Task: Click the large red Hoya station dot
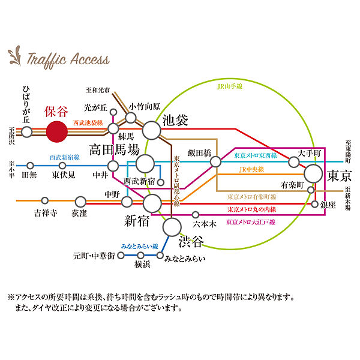tap(57, 132)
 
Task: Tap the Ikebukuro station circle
tap(152, 130)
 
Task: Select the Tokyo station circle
tap(313, 173)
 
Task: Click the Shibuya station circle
tap(172, 227)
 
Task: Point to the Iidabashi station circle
tap(215, 161)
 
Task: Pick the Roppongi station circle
tap(196, 215)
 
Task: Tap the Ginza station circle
tap(314, 204)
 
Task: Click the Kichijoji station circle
tap(45, 200)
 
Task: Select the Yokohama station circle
tap(140, 256)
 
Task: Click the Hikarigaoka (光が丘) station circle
tap(113, 112)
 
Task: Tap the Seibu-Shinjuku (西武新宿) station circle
tap(161, 182)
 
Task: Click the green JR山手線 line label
tap(230, 86)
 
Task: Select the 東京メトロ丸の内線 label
tap(252, 209)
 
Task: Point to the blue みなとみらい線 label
tap(140, 247)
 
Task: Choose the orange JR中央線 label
tap(251, 169)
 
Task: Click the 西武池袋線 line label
tap(88, 123)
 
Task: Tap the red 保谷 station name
tap(56, 112)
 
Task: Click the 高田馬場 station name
tap(115, 149)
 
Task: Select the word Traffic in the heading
tap(47, 59)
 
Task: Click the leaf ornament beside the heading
tap(15, 56)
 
